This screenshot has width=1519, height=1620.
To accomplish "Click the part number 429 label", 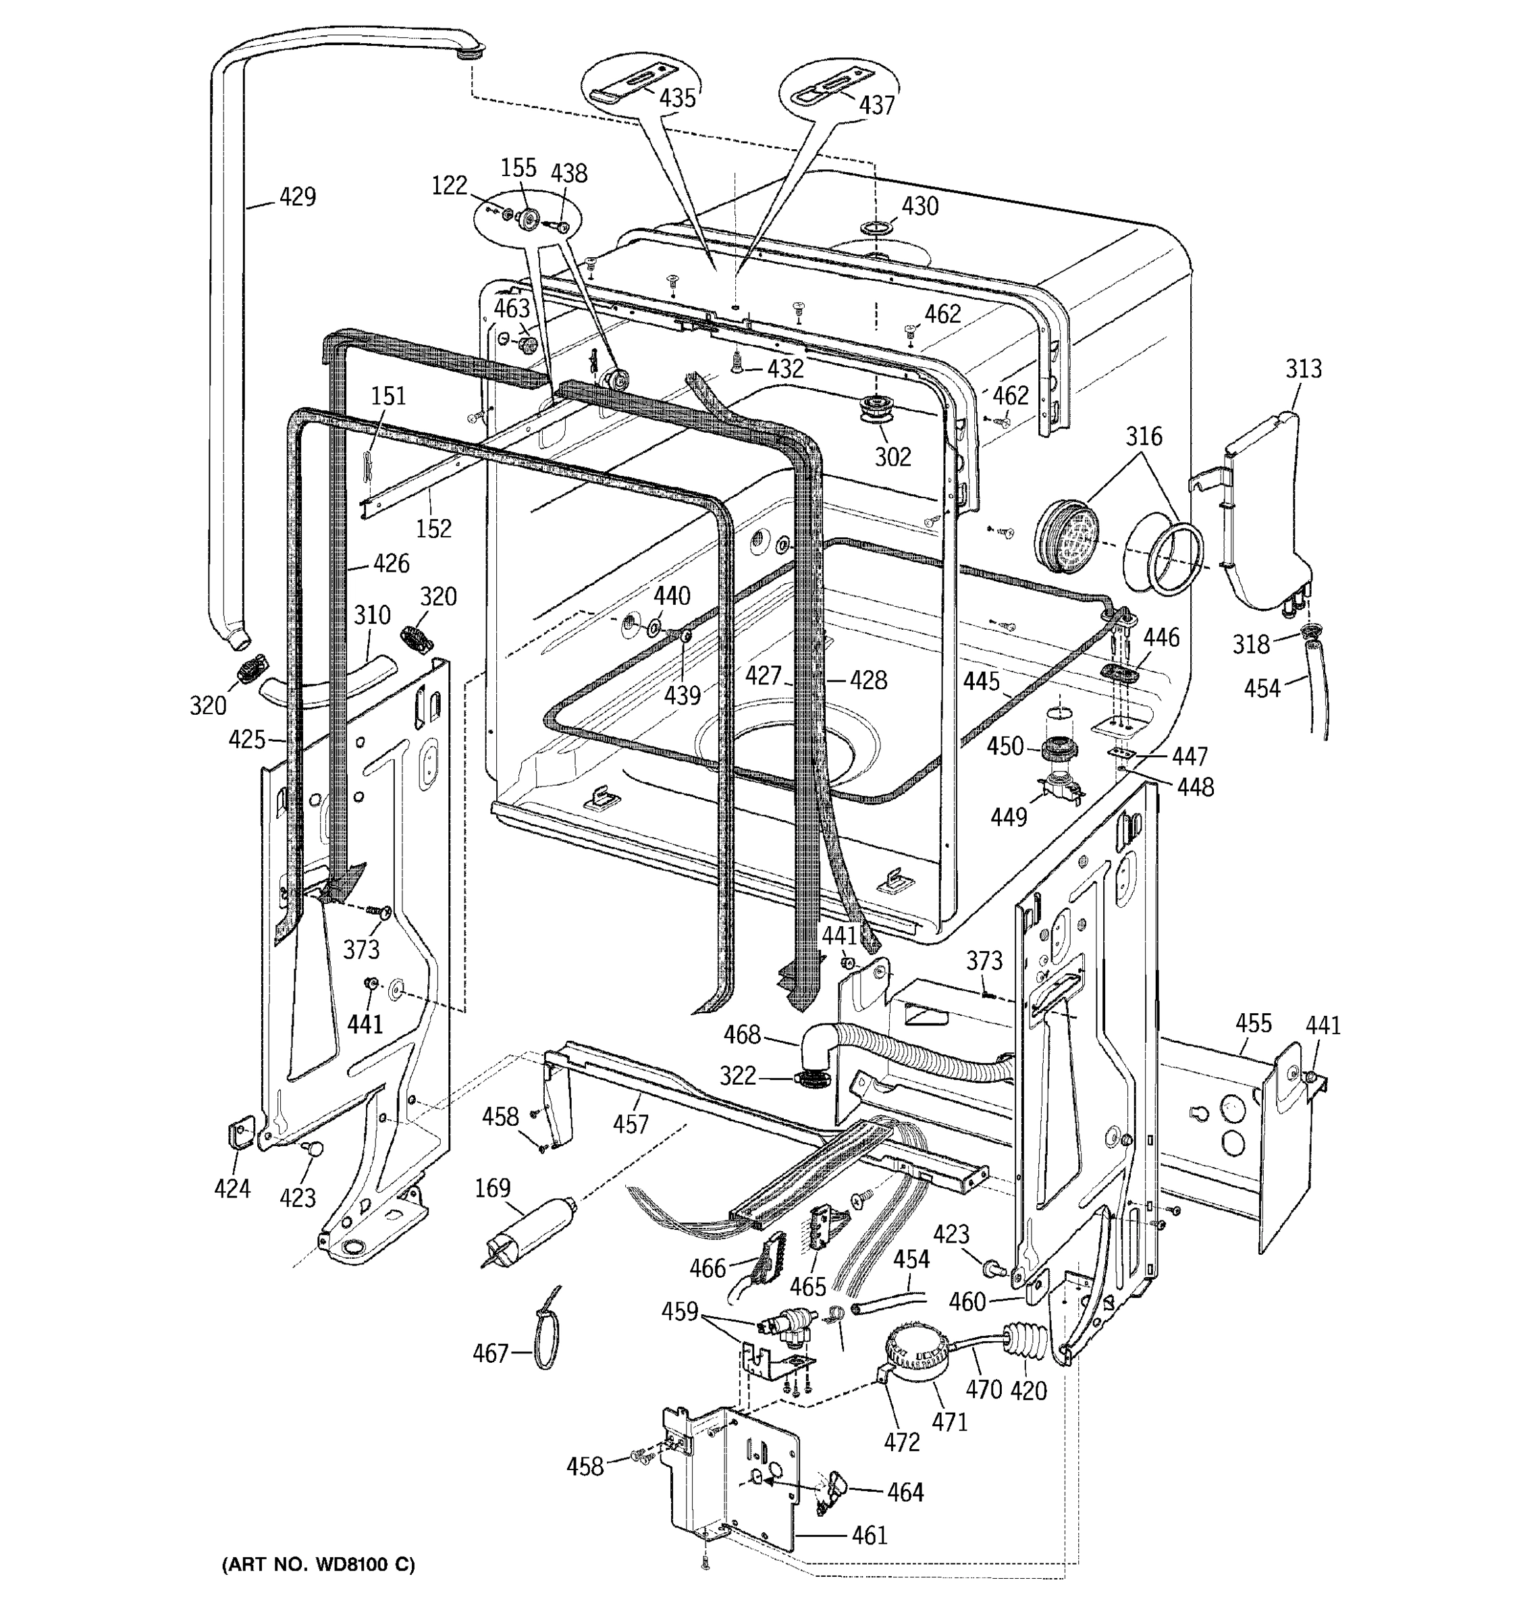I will pyautogui.click(x=298, y=196).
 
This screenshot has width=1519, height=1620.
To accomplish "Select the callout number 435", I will pyautogui.click(x=677, y=98).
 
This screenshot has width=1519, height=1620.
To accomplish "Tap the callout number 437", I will pyautogui.click(x=876, y=105).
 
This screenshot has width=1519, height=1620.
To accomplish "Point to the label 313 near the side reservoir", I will pyautogui.click(x=1303, y=369).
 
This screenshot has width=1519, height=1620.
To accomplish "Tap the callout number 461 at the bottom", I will pyautogui.click(x=869, y=1535).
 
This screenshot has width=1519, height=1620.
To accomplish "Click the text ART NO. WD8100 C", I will pyautogui.click(x=318, y=1565).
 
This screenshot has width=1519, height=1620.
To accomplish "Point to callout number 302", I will pyautogui.click(x=892, y=457).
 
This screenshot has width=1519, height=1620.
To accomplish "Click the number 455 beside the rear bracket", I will pyautogui.click(x=1252, y=1023).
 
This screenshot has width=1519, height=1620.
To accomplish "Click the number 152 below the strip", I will pyautogui.click(x=433, y=529).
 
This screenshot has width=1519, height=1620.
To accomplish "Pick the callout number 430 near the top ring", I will pyautogui.click(x=920, y=206).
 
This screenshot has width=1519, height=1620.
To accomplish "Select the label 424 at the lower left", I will pyautogui.click(x=232, y=1189).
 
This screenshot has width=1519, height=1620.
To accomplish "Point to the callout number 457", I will pyautogui.click(x=630, y=1125).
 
